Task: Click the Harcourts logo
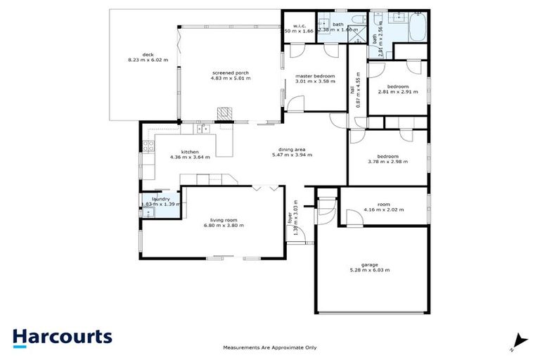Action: tap(62, 337)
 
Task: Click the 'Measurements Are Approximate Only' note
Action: tap(270, 347)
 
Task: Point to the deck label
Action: tap(148, 54)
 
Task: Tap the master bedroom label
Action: tap(314, 75)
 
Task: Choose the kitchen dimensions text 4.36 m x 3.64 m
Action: tap(190, 157)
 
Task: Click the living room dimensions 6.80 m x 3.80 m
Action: tap(224, 225)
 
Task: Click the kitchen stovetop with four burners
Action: tap(148, 147)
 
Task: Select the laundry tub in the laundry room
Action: tap(148, 212)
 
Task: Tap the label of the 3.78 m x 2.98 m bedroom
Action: tap(387, 156)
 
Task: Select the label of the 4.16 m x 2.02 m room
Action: tap(383, 204)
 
